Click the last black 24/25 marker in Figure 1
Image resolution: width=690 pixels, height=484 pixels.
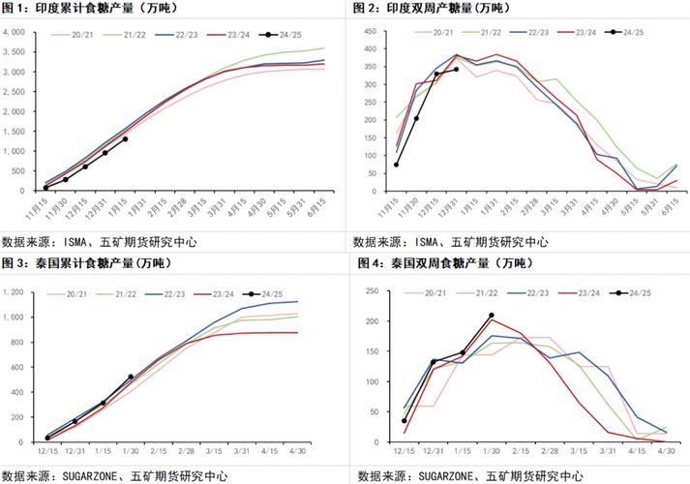[x=125, y=139]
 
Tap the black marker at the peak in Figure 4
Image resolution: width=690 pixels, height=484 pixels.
[x=492, y=316]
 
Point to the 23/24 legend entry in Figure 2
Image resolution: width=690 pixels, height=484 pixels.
[x=585, y=33]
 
